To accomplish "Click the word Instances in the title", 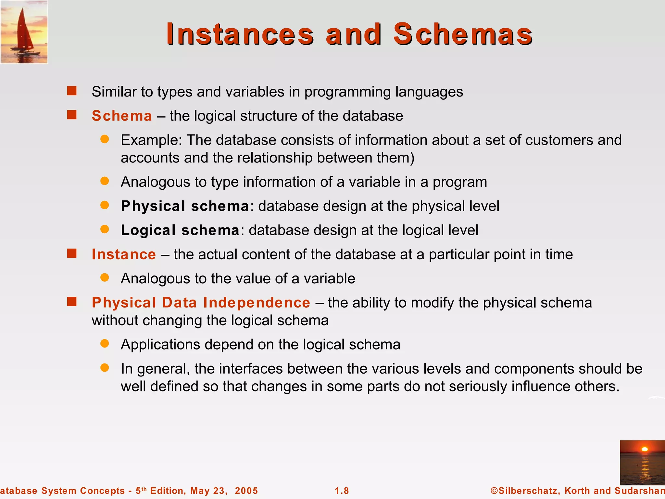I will point(240,34).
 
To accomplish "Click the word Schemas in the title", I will point(463,34).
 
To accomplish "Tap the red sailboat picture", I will point(24,32).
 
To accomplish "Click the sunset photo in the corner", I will point(642,463).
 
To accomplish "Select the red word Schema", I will point(122,116).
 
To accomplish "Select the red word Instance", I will point(124,254).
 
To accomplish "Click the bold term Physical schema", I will point(185,206).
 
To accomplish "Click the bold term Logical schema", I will point(180,230).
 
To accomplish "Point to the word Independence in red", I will point(257,303).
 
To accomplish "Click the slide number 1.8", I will point(342,491).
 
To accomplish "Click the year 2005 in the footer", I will point(246,491).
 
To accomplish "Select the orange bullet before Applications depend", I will point(105,344).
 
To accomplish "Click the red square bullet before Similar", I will point(72,91).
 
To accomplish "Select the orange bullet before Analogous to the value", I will point(105,278).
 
